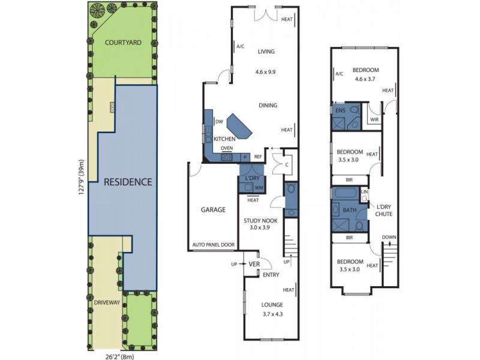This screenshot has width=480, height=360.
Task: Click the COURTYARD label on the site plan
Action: (123, 43)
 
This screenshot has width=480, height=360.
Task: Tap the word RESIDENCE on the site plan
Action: (128, 182)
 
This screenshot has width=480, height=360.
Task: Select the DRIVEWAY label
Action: (107, 302)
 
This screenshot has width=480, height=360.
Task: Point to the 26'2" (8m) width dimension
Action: (116, 356)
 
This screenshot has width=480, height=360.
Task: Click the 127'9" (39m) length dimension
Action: (82, 177)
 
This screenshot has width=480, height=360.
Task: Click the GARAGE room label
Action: (213, 209)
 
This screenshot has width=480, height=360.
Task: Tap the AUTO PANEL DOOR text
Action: (214, 245)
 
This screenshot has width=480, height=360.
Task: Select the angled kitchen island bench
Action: (239, 127)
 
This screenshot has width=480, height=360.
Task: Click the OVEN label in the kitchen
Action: (227, 148)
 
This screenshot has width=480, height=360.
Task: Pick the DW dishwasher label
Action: (219, 122)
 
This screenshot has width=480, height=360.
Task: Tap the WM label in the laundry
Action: (259, 188)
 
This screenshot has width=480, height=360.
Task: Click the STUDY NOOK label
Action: (260, 220)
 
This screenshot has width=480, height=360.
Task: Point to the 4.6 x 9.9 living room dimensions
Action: (266, 72)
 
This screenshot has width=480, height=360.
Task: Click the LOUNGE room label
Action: (272, 305)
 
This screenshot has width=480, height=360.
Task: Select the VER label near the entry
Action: (254, 264)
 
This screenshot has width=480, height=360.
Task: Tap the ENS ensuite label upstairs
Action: (340, 110)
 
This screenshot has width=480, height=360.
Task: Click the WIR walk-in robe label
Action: (374, 119)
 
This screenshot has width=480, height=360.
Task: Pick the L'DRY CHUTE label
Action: (384, 211)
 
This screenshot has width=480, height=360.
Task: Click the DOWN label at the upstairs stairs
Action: (389, 237)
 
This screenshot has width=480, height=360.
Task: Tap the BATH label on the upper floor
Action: (350, 210)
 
